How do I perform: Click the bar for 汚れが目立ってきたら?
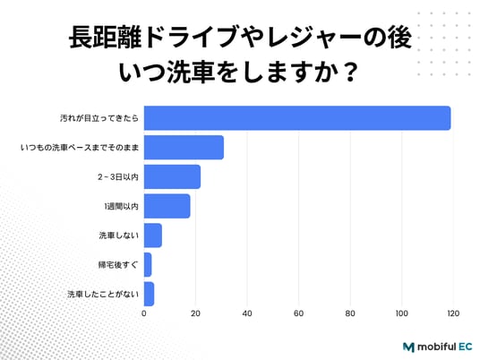coord(297,118)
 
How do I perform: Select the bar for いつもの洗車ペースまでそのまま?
coord(184,147)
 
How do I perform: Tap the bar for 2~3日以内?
coord(172,176)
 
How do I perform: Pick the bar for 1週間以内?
coord(167,206)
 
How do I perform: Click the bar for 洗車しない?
coord(153,236)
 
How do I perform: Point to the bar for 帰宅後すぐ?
coord(148,264)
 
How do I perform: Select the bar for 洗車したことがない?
coord(149,294)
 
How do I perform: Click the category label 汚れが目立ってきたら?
coord(99,118)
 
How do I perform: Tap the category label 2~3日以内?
coord(118,177)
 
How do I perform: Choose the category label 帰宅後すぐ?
coord(118,265)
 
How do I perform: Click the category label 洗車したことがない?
coord(103,295)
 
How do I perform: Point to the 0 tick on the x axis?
coord(144,313)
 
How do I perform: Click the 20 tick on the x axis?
coord(195,313)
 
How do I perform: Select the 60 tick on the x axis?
coord(299,313)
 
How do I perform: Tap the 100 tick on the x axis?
coord(401,313)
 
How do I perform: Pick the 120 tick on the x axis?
coord(453,313)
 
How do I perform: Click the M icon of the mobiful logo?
coord(408,347)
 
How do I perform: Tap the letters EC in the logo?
coord(466,347)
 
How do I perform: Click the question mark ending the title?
coord(350,73)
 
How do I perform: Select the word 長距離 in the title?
coord(105,38)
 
